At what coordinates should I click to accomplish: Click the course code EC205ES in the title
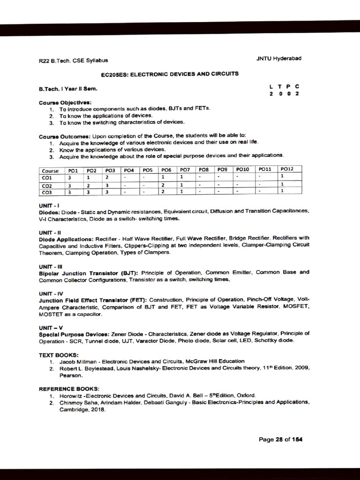coord(114,74)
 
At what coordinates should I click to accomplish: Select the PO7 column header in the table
coord(185,170)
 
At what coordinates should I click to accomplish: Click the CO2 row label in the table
coord(47,185)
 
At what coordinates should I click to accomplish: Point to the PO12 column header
coord(286,169)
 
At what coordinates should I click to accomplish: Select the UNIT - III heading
coord(48,266)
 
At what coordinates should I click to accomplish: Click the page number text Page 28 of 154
coord(280,439)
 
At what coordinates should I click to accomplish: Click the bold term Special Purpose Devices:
coord(74,333)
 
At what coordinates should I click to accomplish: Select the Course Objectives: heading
coord(65,102)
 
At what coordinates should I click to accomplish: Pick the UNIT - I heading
coord(47,205)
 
